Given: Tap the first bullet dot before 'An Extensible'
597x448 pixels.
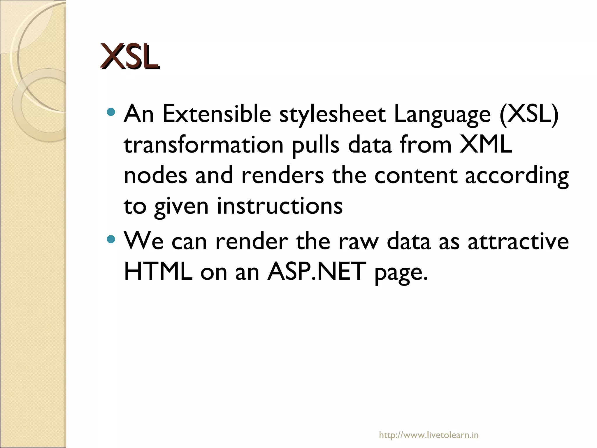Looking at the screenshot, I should [111, 112].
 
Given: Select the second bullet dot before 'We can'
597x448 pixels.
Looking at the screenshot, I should [111, 239].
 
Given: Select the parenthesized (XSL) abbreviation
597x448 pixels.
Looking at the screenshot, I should [529, 114].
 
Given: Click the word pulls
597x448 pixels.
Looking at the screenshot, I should [316, 146].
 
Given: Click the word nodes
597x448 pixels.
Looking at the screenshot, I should [155, 176].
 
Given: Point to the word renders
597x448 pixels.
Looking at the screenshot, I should [282, 176].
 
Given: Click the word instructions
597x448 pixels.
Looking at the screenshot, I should [280, 206].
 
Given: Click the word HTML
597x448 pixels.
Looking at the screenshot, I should [158, 271].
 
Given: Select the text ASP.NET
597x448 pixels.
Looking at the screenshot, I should [316, 271].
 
